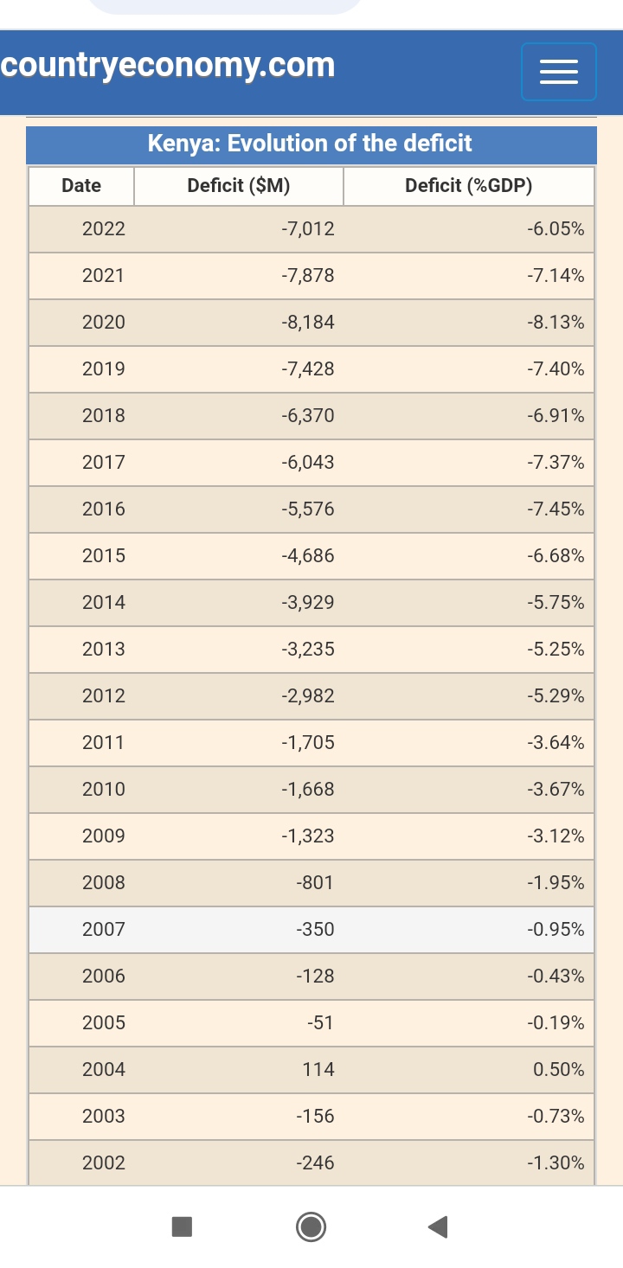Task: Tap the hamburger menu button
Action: pos(559,72)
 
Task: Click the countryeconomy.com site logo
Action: pos(168,66)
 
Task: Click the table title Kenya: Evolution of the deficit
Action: pos(310,144)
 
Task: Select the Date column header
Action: pos(81,186)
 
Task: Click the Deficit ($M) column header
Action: pos(239,186)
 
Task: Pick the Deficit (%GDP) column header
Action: pos(469,186)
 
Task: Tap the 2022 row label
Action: pos(104,229)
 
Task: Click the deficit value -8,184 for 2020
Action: pos(308,323)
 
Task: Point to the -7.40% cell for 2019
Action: pos(556,369)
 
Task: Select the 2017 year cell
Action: pos(104,463)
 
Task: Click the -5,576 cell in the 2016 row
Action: pos(308,509)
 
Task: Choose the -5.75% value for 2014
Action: pos(556,603)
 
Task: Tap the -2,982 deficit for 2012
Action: pos(308,696)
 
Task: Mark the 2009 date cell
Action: pos(104,836)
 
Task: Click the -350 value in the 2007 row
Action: pos(315,930)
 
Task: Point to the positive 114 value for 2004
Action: pos(318,1070)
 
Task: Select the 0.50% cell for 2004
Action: pos(559,1070)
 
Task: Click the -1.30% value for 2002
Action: pos(556,1163)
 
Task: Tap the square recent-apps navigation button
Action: pos(182,1226)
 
